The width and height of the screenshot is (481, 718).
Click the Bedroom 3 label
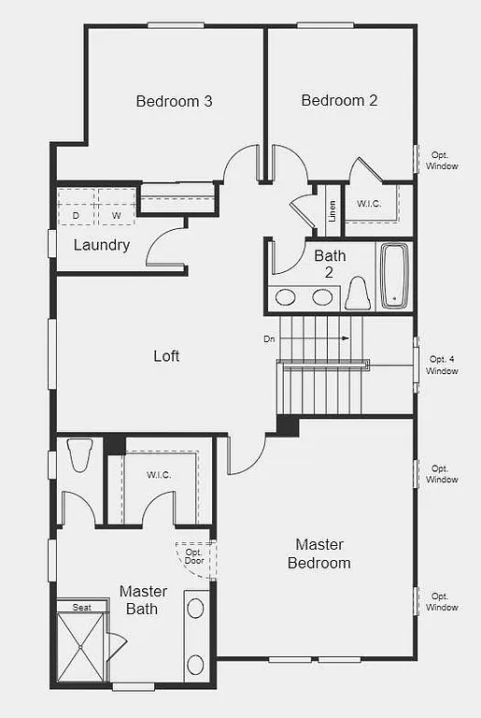[x=174, y=101]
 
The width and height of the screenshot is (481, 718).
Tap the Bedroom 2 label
[x=339, y=100]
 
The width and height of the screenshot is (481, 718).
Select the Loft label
[x=166, y=356]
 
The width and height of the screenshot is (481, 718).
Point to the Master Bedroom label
[x=319, y=553]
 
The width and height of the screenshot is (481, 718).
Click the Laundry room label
[x=101, y=245]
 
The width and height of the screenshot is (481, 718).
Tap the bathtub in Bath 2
[x=393, y=275]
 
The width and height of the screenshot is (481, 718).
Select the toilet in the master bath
[x=79, y=455]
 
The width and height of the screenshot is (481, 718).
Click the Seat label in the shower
[x=82, y=608]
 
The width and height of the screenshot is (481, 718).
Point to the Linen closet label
[x=332, y=210]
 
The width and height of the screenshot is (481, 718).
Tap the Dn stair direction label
[x=270, y=338]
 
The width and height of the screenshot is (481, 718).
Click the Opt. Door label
[x=194, y=556]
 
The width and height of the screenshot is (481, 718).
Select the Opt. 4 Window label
[x=443, y=365]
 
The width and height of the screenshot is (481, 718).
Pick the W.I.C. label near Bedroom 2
[x=369, y=204]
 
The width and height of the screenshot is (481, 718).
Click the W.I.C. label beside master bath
[x=159, y=475]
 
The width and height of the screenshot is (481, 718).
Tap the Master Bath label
[x=143, y=600]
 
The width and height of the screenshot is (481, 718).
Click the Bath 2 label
[x=330, y=264]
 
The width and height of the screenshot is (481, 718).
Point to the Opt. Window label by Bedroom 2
[x=443, y=160]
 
